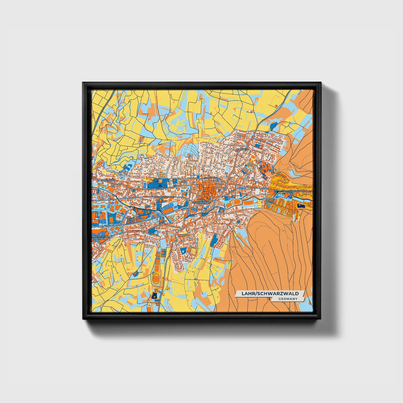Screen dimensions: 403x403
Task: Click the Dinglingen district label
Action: pos(108,180)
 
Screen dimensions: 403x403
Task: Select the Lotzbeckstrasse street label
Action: pos(164,197)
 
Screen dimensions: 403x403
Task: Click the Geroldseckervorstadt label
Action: pos(301,191)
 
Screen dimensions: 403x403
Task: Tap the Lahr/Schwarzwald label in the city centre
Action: pos(202,201)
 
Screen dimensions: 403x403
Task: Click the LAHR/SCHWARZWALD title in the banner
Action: pos(270,293)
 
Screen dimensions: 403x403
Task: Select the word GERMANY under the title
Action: pos(288,299)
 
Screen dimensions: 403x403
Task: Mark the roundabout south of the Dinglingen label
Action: pos(109,200)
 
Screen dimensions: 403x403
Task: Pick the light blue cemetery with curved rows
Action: pos(190,151)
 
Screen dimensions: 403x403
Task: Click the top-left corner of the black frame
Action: pos(83,83)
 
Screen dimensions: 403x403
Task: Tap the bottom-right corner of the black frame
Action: pos(321,319)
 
